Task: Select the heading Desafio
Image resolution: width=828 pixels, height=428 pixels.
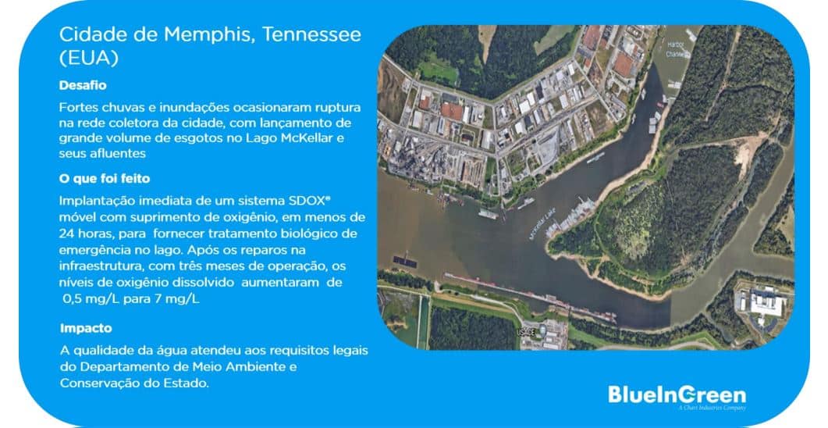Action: [83, 84]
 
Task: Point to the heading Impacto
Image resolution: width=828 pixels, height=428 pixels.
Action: [86, 328]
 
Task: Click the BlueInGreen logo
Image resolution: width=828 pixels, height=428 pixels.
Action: [677, 394]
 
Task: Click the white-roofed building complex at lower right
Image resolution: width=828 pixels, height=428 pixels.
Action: [768, 299]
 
